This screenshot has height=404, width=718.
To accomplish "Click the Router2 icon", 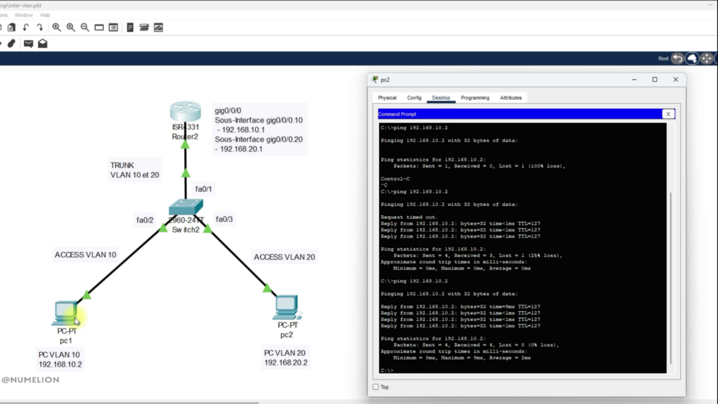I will tap(185, 112).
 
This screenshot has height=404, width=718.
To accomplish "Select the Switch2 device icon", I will tap(185, 209).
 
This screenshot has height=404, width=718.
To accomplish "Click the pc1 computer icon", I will tap(66, 312).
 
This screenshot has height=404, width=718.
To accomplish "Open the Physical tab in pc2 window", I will tap(387, 98).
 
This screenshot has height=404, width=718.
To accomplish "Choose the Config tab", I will tap(414, 98).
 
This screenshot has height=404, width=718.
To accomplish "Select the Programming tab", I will tap(475, 98).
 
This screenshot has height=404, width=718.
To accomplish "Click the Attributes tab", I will tap(511, 98).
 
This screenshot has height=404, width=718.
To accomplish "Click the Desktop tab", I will tap(441, 98).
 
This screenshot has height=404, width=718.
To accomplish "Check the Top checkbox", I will tap(376, 387).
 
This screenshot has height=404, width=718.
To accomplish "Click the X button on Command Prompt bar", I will tap(667, 114).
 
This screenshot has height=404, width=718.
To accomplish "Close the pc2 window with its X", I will tap(675, 80).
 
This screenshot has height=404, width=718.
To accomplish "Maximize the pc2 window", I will tap(654, 80).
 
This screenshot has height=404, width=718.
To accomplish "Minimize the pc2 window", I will tap(633, 80).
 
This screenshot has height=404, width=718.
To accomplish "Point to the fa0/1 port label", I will tap(203, 189).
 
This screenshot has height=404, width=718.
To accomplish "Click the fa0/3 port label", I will tap(224, 219).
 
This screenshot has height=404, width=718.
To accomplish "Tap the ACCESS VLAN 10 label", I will tap(85, 254).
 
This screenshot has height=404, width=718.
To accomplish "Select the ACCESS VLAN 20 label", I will tap(284, 257).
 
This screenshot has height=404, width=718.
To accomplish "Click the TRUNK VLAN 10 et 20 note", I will tap(135, 170).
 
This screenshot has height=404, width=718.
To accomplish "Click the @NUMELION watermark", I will tap(31, 380).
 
